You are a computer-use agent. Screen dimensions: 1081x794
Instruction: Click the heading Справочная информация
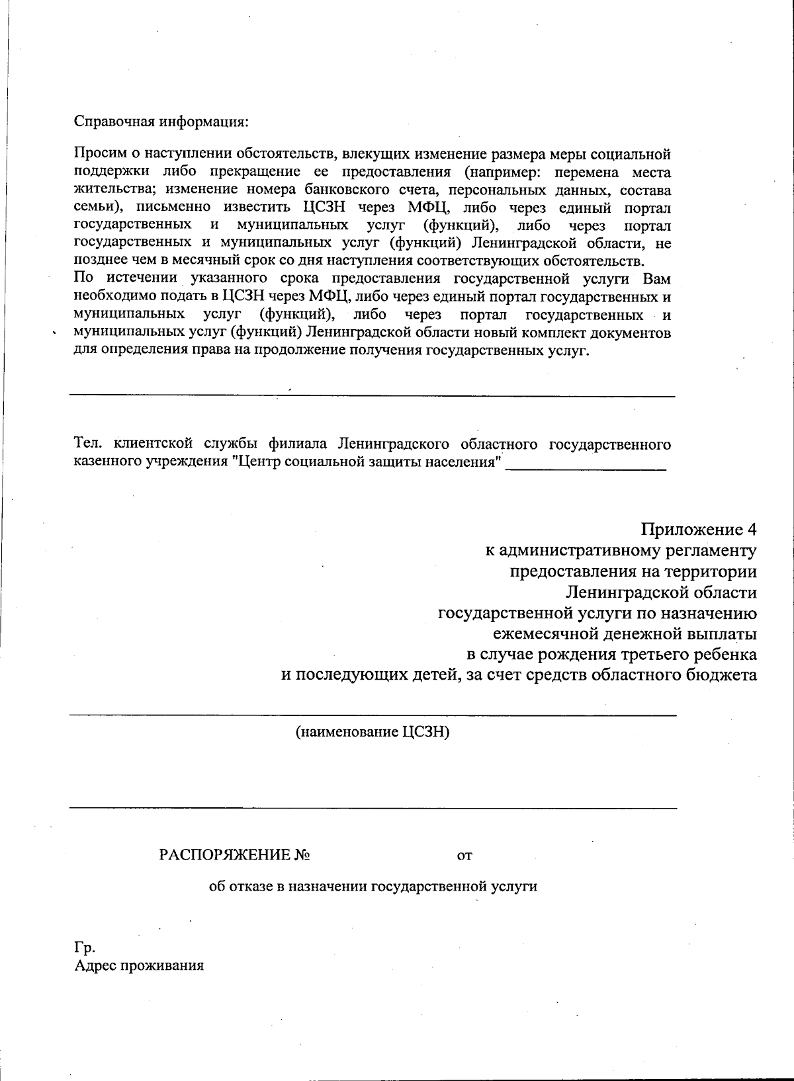coord(161,122)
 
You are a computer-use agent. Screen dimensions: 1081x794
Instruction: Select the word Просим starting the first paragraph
coord(97,155)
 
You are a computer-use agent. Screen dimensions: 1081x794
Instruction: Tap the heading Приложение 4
coord(698,530)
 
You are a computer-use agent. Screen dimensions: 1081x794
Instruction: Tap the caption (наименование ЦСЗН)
coord(373,732)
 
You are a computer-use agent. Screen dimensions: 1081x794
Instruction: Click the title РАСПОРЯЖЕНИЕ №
coord(235,855)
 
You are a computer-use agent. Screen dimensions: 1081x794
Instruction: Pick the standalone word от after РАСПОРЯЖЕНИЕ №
coord(464,856)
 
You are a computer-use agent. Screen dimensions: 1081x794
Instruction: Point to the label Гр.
coord(85,947)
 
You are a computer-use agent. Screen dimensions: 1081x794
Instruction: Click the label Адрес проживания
coord(139,965)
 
